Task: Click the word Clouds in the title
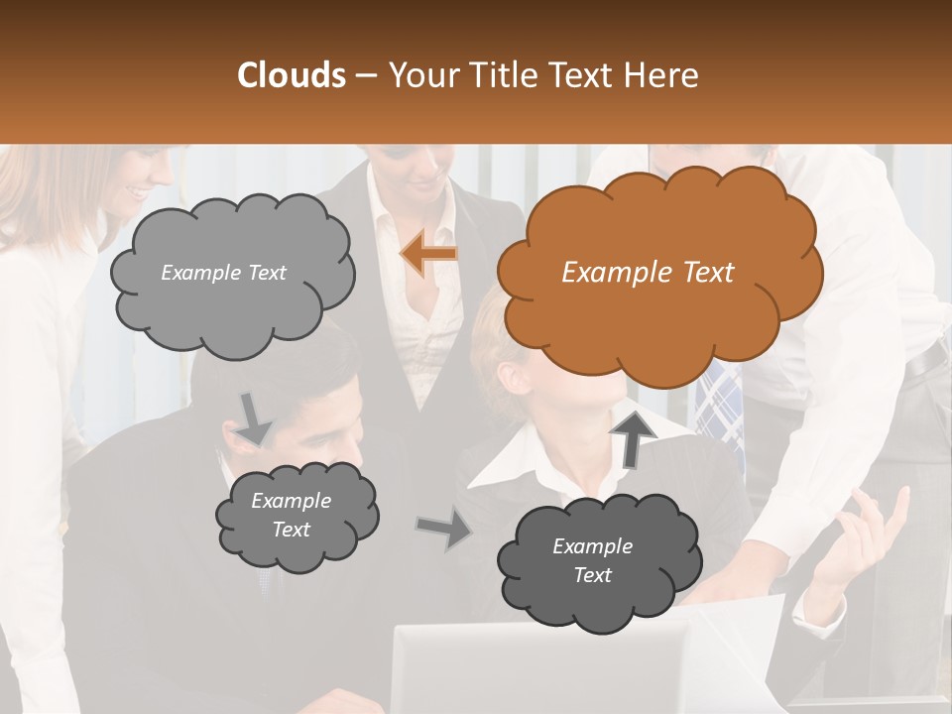click(x=292, y=75)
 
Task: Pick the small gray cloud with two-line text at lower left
click(x=295, y=516)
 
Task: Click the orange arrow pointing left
click(x=429, y=254)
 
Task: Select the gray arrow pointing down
click(x=253, y=417)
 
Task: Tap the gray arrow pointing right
click(x=444, y=529)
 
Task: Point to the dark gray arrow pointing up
click(x=632, y=436)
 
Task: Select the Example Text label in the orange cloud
click(x=648, y=273)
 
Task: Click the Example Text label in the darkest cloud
click(x=592, y=560)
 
